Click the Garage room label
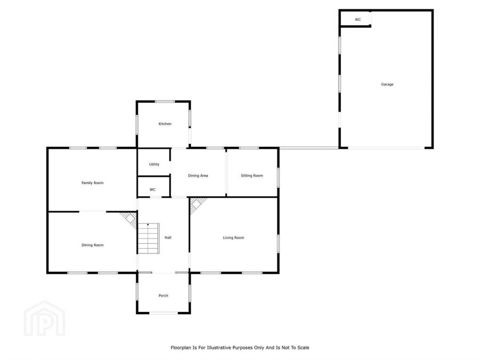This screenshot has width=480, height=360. pyautogui.click(x=387, y=84)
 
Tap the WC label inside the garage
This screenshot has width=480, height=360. pyautogui.click(x=358, y=20)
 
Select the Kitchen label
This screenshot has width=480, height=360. pyautogui.click(x=165, y=124)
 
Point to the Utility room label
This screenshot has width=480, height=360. pyautogui.click(x=154, y=164)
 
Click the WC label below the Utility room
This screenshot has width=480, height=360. pyautogui.click(x=153, y=189)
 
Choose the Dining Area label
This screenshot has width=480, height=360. pyautogui.click(x=198, y=175)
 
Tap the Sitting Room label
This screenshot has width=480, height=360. pyautogui.click(x=252, y=175)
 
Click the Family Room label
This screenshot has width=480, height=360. pyautogui.click(x=92, y=183)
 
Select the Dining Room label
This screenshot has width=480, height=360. pyautogui.click(x=92, y=245)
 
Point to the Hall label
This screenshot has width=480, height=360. pyautogui.click(x=168, y=237)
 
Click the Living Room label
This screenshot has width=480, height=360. pyautogui.click(x=234, y=237)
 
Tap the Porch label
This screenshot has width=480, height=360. pyautogui.click(x=163, y=295)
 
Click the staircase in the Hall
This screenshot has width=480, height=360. pyautogui.click(x=149, y=238)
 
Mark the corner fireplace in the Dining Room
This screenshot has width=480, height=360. pyautogui.click(x=129, y=219)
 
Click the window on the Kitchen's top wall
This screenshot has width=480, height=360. pyautogui.click(x=165, y=101)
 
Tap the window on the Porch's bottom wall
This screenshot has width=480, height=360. pyautogui.click(x=163, y=313)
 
